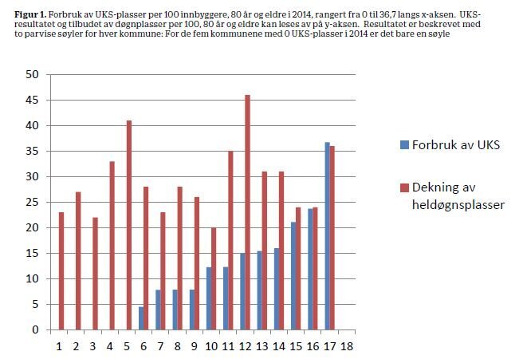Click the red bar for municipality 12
[x=247, y=212]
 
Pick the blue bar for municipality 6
[x=141, y=318]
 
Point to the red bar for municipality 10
[x=213, y=278]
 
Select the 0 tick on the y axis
[x=36, y=329]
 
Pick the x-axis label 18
[x=346, y=347]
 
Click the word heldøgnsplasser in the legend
[x=454, y=206]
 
